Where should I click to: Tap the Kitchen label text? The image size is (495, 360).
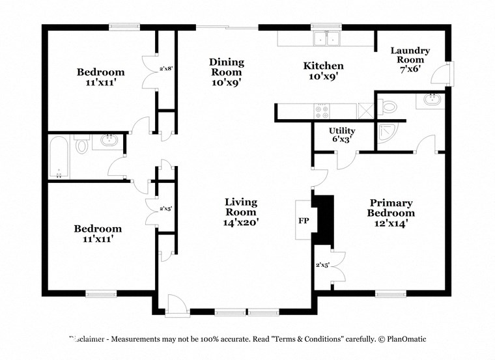(x=324, y=71)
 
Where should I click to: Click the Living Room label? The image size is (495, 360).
(x=241, y=212)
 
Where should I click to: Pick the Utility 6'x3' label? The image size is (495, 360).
(x=341, y=135)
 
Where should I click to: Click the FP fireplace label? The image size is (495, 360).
(x=304, y=221)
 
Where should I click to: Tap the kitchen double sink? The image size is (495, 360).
(x=328, y=39)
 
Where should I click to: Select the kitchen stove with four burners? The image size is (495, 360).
(x=322, y=111)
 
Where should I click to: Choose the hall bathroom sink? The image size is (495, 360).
(x=108, y=141)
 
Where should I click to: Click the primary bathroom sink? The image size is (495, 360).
(x=431, y=100)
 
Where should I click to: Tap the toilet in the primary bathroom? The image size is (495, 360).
(x=389, y=106)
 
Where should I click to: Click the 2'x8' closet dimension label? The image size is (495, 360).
(x=166, y=68)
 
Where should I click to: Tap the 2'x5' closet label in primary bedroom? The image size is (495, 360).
(x=322, y=265)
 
